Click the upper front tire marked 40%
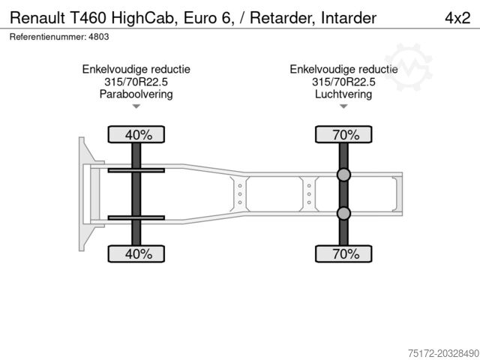point(136,134)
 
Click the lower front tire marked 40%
point(136,253)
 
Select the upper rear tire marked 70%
point(343,134)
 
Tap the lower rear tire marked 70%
point(343,253)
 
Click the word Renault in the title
point(37,18)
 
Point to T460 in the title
point(88,18)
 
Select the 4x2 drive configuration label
point(457,18)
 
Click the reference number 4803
point(98,37)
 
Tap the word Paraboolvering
point(136,94)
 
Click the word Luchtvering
point(343,94)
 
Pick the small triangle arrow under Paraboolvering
point(136,106)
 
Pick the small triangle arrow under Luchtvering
point(343,106)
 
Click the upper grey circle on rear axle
point(343,175)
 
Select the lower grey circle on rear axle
point(343,213)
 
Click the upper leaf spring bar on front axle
point(136,170)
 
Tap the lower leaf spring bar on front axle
point(136,217)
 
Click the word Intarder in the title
point(349,18)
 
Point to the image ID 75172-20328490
point(443,353)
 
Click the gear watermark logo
point(408,67)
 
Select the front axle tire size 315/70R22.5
point(136,82)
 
